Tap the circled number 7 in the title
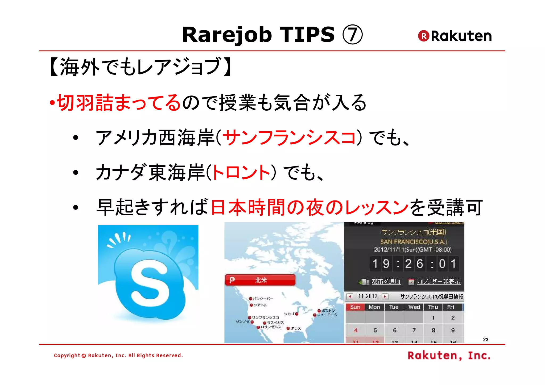(352, 35)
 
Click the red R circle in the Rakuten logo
(423, 36)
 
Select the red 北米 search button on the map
(260, 280)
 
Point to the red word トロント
(241, 173)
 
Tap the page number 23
(486, 340)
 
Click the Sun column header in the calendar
(355, 307)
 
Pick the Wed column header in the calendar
(414, 307)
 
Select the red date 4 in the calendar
(356, 330)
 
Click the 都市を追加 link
(386, 282)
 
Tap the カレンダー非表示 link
(438, 282)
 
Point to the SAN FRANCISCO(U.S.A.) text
(414, 242)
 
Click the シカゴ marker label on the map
(289, 314)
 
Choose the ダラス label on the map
(296, 328)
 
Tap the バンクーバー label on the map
(263, 299)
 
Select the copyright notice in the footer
(118, 355)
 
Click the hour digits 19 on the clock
(381, 264)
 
